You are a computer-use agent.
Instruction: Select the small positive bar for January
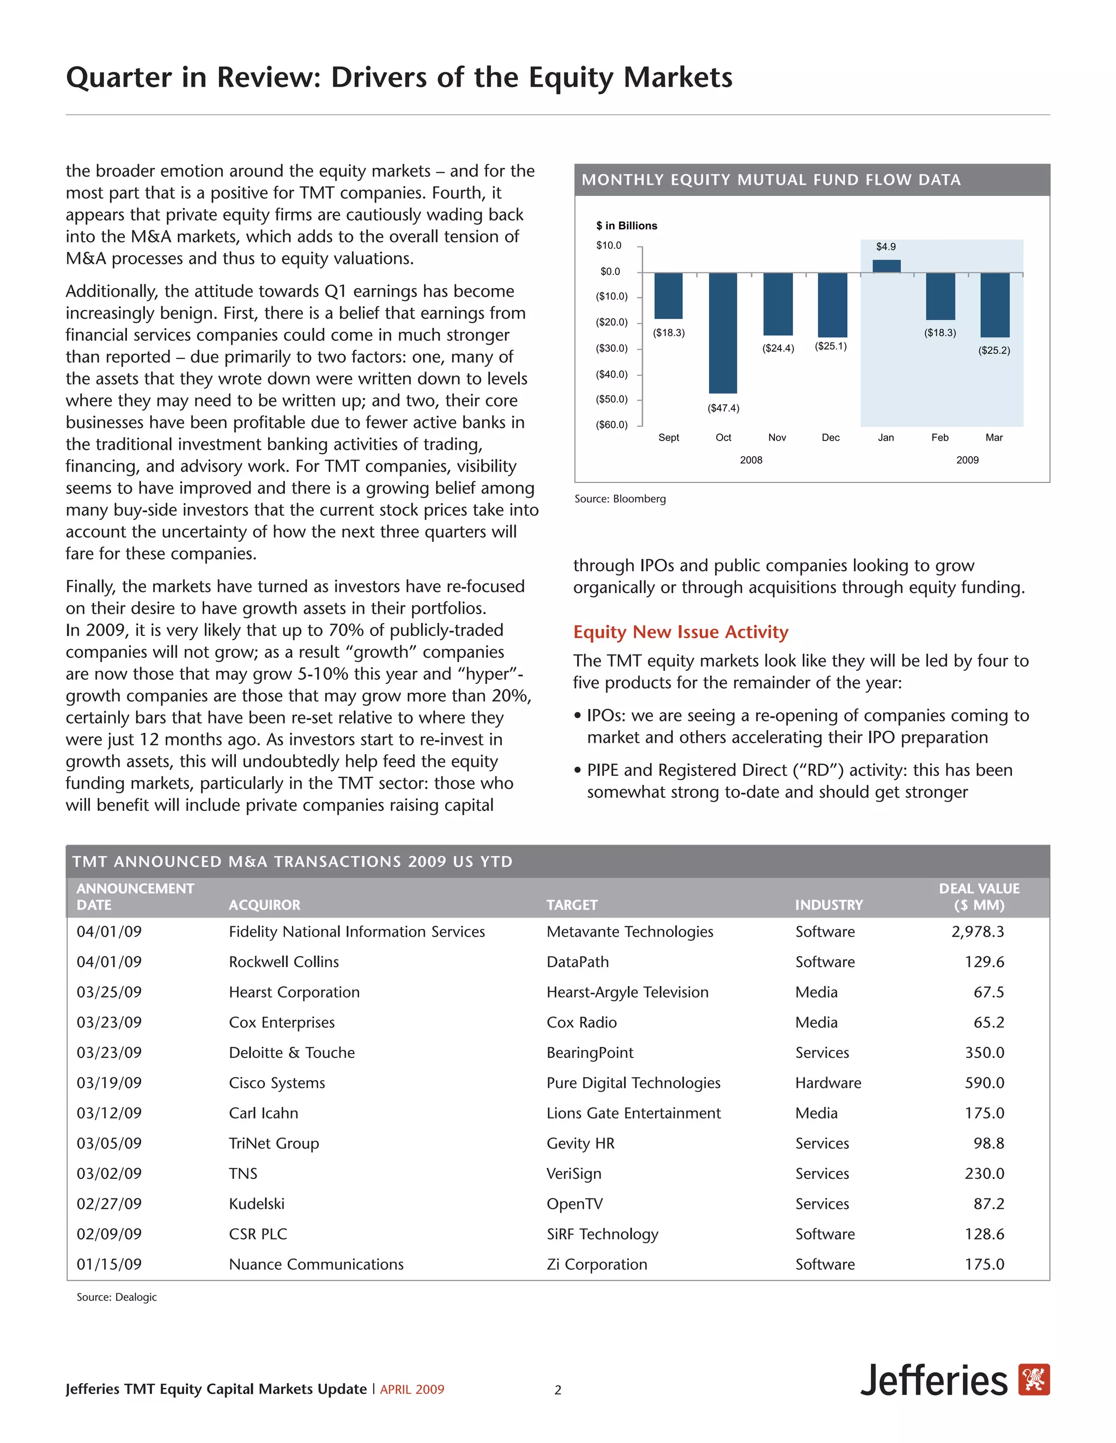[886, 266]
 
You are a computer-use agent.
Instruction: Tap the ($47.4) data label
[723, 408]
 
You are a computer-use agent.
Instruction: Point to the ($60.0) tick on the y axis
[611, 425]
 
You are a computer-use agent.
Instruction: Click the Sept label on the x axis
[669, 437]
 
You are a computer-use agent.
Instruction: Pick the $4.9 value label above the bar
[886, 247]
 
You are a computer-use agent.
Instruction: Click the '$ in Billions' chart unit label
[626, 225]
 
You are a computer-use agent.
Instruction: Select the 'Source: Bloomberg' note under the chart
[620, 499]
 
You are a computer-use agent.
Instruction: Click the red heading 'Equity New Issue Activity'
[680, 632]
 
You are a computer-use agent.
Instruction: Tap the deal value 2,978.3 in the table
[977, 932]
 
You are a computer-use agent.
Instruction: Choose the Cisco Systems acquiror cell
[276, 1083]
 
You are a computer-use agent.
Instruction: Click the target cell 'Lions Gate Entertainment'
[633, 1114]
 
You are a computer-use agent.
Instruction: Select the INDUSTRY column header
[828, 904]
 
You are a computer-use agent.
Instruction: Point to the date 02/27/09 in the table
[109, 1204]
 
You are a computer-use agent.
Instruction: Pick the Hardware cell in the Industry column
[828, 1083]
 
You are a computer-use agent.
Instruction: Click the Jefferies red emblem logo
[1033, 1380]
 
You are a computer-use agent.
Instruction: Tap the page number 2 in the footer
[557, 1390]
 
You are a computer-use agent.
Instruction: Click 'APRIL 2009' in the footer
[412, 1390]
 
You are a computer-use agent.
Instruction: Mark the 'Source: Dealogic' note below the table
[117, 1297]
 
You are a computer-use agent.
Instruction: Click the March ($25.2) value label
[994, 350]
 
